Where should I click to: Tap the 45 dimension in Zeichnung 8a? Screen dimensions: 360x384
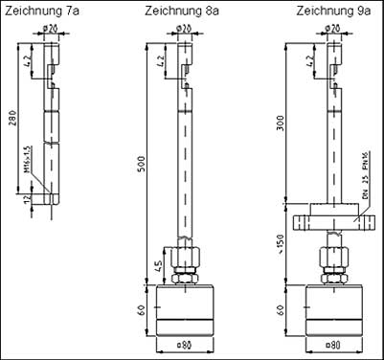[158, 266]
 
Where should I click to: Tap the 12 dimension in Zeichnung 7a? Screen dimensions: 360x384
[30, 200]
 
